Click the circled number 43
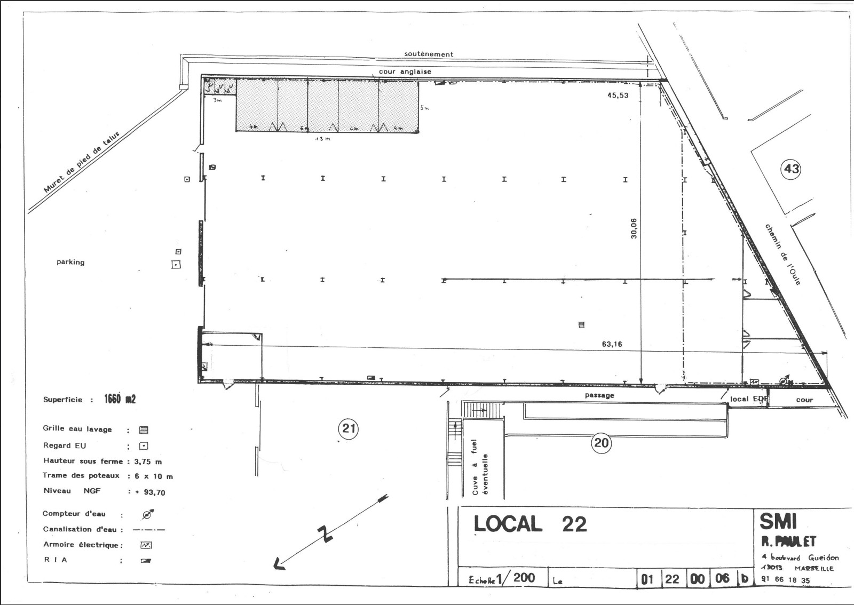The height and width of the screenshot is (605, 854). point(791,169)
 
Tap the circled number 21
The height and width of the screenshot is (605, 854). point(349,428)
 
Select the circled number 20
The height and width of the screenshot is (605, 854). point(601,443)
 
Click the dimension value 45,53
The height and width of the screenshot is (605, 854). point(618,95)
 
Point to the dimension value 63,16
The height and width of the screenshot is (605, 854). point(612,344)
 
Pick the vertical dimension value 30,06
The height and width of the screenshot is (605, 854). point(634,228)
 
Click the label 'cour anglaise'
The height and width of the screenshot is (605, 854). point(405,71)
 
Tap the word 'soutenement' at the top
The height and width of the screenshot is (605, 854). point(429,54)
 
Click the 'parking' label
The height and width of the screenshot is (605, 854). point(70,262)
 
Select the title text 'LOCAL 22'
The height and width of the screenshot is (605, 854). point(530,524)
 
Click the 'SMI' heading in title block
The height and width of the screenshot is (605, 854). point(778,521)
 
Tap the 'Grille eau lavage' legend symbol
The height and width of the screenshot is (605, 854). point(143,430)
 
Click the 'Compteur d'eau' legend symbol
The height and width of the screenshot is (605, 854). point(148,514)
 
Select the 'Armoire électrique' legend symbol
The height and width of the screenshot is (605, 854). point(146,545)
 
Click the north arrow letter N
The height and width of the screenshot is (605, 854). point(323,534)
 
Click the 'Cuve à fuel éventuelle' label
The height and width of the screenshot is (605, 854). point(480,467)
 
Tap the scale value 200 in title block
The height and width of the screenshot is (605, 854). point(524,577)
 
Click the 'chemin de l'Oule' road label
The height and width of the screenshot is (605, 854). point(783,254)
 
